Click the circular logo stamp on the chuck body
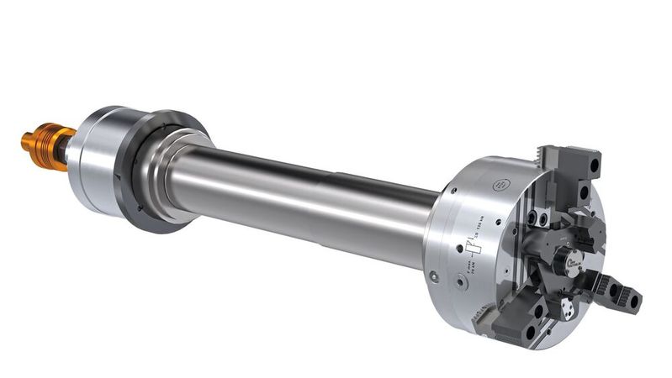point(503,184)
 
